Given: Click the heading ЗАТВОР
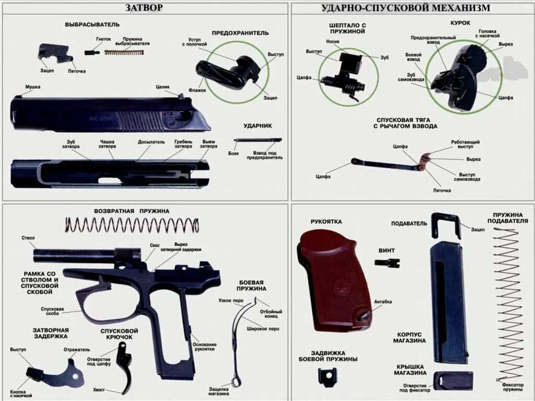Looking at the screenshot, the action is tap(144, 7).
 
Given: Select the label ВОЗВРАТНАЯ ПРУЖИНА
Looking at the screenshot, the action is tap(132, 211).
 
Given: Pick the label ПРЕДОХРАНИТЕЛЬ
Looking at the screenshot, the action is tap(240, 32).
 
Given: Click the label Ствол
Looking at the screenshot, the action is tap(28, 238).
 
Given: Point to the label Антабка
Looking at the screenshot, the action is tap(383, 302).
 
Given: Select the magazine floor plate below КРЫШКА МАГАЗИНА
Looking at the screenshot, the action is tap(453, 380).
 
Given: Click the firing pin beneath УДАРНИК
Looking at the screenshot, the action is tap(257, 140).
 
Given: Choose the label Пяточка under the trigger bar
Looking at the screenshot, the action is tap(441, 190).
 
